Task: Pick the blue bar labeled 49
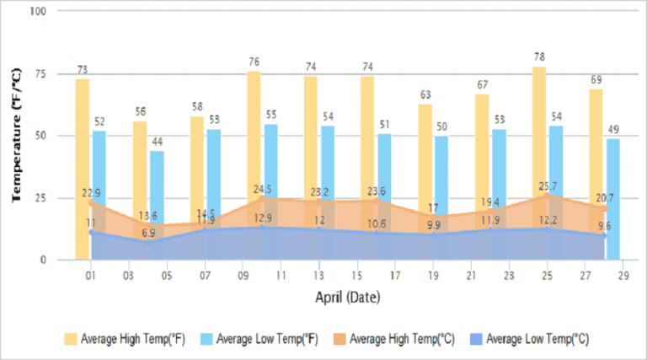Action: coord(613,199)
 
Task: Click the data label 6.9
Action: coord(147,233)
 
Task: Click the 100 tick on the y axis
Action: coord(39,12)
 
